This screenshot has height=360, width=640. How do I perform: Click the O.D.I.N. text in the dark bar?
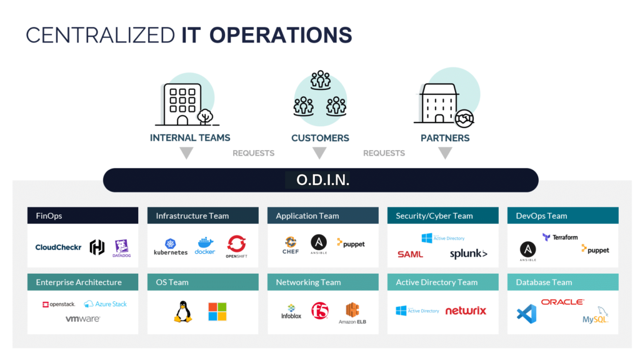322,181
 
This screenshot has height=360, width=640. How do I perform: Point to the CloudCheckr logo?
58,247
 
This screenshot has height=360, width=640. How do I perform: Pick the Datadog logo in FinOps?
121,247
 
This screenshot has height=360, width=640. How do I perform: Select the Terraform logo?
560,237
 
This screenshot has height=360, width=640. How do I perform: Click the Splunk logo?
468,254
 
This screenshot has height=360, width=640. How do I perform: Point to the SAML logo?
410,254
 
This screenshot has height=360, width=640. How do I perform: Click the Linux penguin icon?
182,311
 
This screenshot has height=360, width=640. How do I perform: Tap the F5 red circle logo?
319,310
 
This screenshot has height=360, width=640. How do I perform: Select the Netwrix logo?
466,311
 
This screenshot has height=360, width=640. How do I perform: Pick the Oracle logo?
562,302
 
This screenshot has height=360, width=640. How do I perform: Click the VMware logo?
82,319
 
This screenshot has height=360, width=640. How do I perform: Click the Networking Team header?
308,282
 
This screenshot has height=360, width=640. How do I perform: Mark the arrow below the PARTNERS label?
445,153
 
